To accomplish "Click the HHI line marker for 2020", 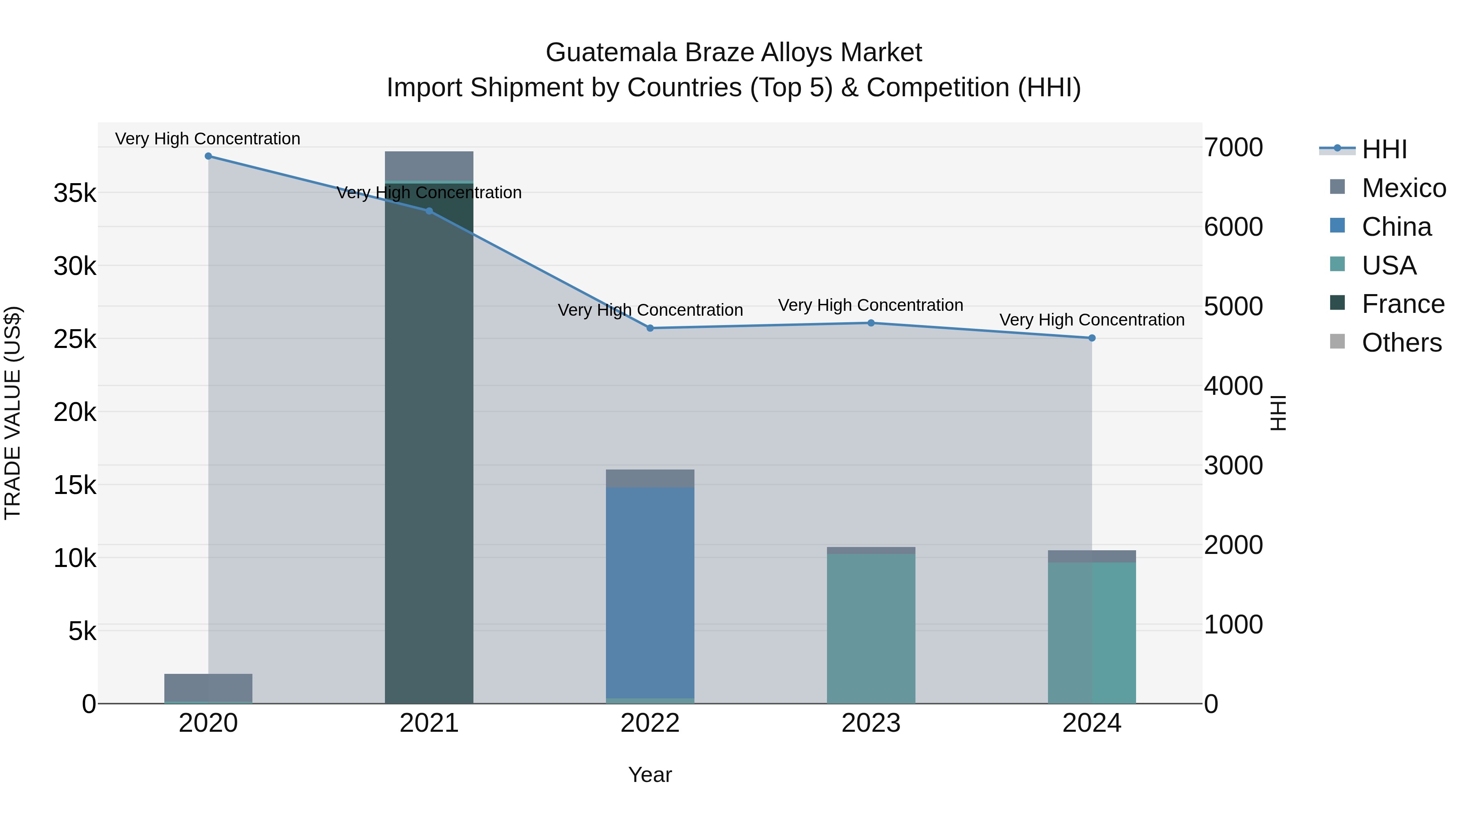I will (x=208, y=156).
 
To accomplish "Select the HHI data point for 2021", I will (x=429, y=211).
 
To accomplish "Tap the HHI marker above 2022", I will (x=650, y=328).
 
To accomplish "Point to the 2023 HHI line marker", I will (x=871, y=323).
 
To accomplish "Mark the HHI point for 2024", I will (x=1092, y=338).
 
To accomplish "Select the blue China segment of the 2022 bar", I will (x=650, y=593).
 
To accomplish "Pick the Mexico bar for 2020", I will (x=208, y=687).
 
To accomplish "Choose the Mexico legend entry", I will (x=1404, y=188).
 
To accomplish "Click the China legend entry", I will (x=1396, y=227).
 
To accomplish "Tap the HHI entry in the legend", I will (x=1384, y=149).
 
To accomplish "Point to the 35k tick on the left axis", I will (x=75, y=193).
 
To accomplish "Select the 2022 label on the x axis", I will (x=650, y=723).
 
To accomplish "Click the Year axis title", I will (x=650, y=775).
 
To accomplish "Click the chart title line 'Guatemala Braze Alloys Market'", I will (x=734, y=53).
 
